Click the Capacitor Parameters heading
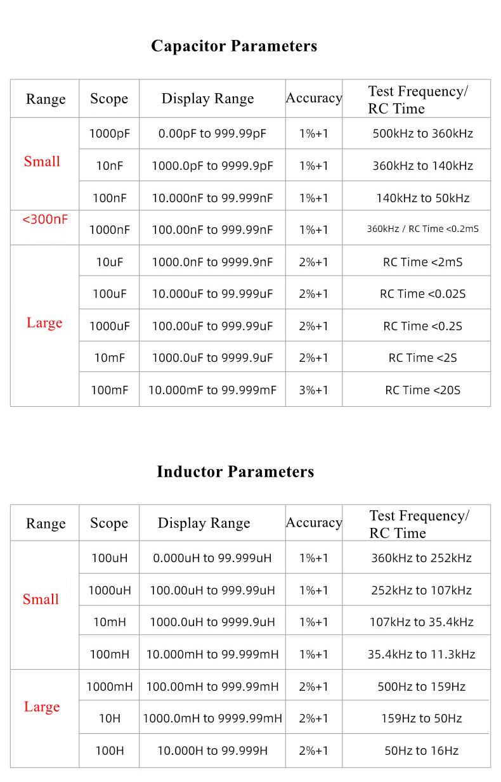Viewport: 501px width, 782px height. coord(234,46)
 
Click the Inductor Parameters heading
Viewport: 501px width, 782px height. coord(235,472)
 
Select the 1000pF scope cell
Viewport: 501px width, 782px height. coord(109,134)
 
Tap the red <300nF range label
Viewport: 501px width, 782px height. coord(45,220)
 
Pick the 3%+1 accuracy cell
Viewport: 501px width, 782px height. coord(314,390)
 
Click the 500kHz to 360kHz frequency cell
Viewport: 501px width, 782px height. coord(422,134)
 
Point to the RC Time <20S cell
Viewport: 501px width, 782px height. coord(422,390)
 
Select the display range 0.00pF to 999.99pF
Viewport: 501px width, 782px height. coord(212,134)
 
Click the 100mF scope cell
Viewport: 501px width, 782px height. coord(109,390)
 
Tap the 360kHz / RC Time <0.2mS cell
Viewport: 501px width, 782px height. coord(422,229)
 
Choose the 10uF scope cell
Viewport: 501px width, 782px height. coord(109,262)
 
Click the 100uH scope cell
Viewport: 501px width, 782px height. coord(109,558)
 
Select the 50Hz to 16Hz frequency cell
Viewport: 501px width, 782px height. coord(421,751)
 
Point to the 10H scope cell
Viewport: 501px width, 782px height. coord(109,719)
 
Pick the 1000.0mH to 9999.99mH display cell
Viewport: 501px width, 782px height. coord(212,719)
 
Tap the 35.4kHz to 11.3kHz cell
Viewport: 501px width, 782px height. coord(421,654)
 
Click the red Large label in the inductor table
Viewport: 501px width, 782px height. coord(42,707)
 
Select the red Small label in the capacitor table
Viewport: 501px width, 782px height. coord(42,162)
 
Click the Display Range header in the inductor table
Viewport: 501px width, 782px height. coord(204,523)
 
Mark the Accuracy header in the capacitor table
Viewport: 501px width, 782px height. coord(314,98)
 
